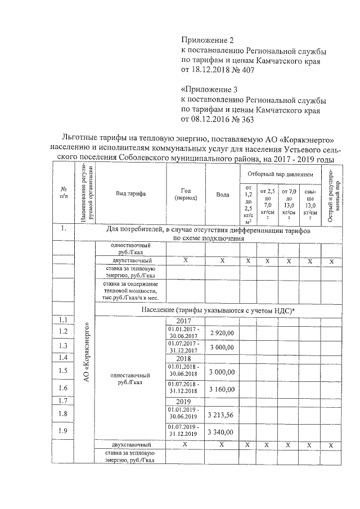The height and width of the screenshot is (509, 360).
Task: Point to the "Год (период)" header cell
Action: (x=186, y=194)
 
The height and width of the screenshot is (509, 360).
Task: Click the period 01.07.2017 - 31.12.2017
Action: (x=186, y=346)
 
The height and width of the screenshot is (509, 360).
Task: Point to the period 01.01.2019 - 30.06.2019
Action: (x=186, y=413)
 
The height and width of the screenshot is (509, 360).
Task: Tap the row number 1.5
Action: (x=63, y=370)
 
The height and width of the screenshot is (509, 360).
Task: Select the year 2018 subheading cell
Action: (x=186, y=358)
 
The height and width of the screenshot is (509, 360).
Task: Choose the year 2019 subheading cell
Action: (x=186, y=402)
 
